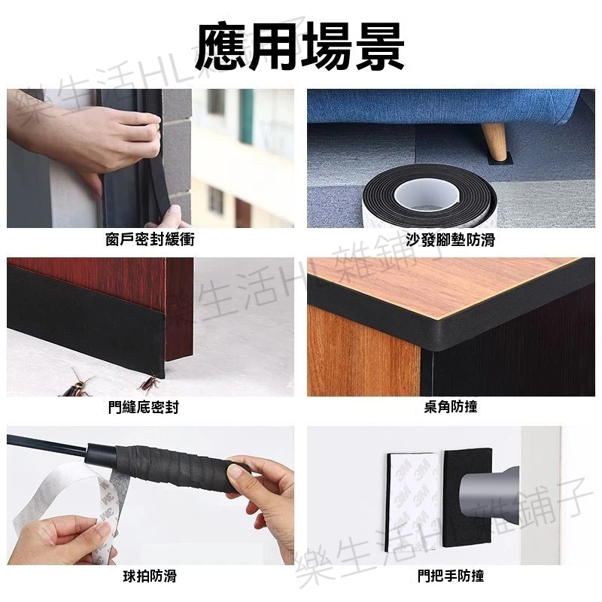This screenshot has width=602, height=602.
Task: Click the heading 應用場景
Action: [299, 47]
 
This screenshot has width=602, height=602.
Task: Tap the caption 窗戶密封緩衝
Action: [150, 239]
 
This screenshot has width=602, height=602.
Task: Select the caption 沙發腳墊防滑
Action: [451, 239]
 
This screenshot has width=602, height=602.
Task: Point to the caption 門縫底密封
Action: [144, 407]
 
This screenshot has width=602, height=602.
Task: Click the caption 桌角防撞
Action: [451, 407]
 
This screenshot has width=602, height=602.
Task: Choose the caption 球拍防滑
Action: [150, 576]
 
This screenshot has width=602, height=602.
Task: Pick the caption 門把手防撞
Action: [451, 576]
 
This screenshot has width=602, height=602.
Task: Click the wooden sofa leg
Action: [494, 141]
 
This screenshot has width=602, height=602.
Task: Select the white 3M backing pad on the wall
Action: [413, 502]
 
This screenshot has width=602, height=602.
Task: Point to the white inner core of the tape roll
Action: [429, 195]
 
